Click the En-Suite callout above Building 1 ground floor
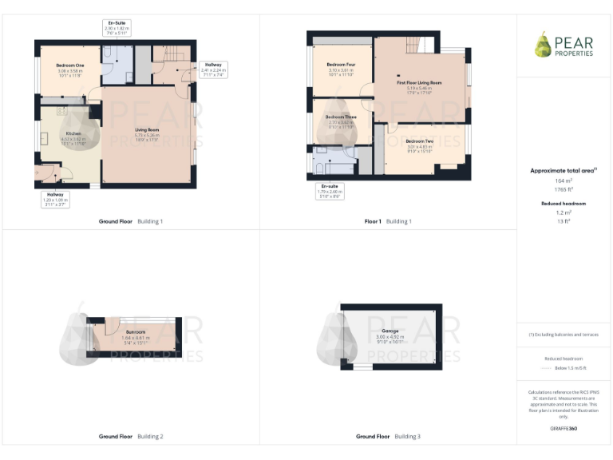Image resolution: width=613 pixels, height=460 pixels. pos(117,28)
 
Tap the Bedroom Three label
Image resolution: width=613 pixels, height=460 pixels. pos(341,121)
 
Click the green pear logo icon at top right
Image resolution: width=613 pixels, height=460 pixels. pos(543,45)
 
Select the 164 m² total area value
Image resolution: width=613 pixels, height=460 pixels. pos(564,181)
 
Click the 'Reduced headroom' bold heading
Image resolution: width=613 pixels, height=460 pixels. pos(564,204)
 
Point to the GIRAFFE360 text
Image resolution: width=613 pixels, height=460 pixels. pos(564,429)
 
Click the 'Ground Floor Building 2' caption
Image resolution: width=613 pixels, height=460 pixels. pos(131,437)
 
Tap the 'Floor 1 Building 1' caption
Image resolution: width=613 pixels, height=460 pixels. pos(388,220)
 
